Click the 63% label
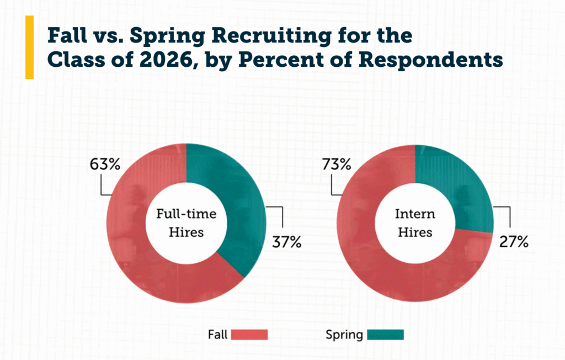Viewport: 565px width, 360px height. pos(103,164)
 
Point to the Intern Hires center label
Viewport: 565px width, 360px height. pos(414,223)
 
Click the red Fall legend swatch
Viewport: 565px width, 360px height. pos(249,335)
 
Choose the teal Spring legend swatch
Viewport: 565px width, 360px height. pos(385,335)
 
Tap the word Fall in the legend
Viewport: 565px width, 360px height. pos(218,335)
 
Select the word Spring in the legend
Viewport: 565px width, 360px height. pos(344,335)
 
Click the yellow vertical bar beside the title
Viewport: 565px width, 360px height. pos(29,47)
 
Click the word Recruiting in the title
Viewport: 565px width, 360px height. pos(257,35)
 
